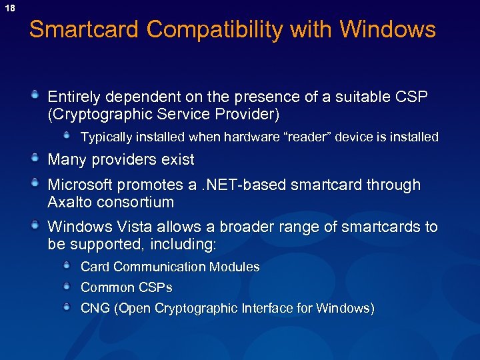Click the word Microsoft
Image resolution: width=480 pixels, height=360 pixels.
click(80, 185)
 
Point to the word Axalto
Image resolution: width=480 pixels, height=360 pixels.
click(68, 202)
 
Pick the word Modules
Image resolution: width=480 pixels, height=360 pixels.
click(234, 267)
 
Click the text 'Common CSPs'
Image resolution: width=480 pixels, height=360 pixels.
click(126, 288)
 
